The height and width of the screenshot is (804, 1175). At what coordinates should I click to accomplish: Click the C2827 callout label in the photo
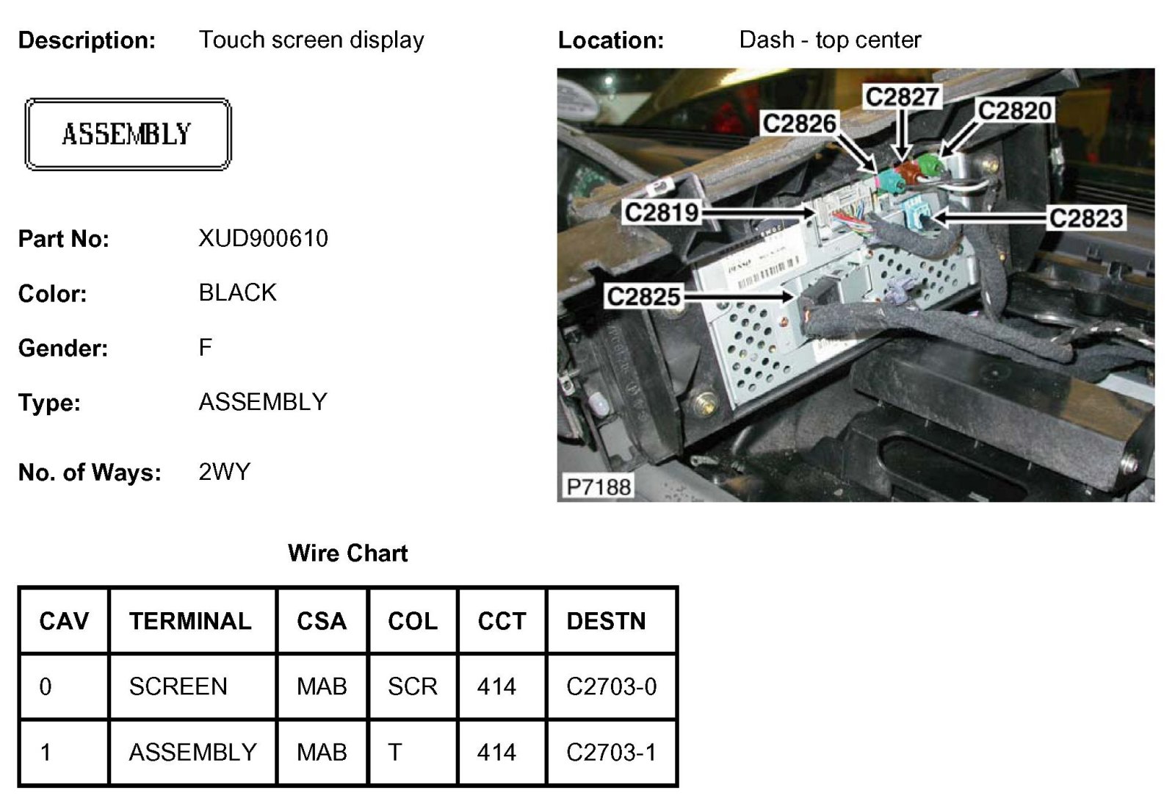tap(902, 96)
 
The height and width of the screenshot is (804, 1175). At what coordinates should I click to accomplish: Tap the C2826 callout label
tap(799, 123)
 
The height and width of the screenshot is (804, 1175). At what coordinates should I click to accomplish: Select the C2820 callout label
tap(1015, 110)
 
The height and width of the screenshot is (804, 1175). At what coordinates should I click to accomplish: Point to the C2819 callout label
tap(661, 212)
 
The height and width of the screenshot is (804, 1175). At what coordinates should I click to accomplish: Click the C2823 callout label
tap(1085, 218)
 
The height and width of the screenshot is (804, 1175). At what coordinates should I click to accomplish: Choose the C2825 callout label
tap(643, 296)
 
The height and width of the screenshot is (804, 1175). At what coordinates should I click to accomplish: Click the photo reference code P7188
tap(599, 487)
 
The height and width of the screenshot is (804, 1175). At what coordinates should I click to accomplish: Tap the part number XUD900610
tap(263, 238)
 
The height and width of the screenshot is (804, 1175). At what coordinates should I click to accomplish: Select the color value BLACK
tap(237, 292)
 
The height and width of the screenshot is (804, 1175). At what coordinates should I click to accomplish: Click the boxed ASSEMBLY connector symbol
tap(128, 134)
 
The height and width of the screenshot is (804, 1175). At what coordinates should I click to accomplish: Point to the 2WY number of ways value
tap(224, 471)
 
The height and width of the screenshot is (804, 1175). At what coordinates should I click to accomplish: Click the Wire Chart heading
tap(347, 553)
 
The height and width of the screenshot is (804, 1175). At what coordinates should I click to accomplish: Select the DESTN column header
tap(606, 621)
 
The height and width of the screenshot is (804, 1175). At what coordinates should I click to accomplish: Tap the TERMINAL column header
tap(190, 621)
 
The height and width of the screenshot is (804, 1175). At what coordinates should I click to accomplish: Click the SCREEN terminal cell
tap(178, 686)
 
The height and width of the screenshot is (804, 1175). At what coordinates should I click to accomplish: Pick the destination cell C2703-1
tap(611, 752)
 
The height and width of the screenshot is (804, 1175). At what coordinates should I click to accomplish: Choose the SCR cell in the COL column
tap(412, 686)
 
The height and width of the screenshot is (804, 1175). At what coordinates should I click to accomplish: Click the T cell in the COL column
tap(395, 752)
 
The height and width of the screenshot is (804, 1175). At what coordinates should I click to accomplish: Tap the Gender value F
tap(205, 347)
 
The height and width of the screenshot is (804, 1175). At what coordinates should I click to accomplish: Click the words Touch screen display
tap(311, 40)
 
